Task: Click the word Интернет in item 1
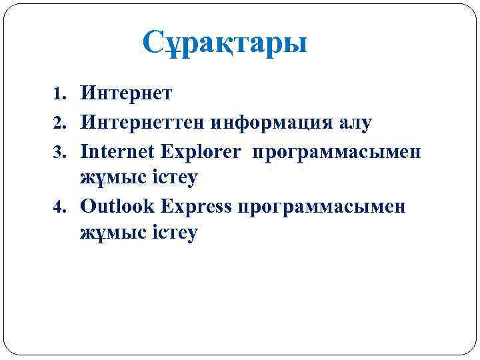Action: coord(126,93)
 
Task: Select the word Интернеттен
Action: coord(139,123)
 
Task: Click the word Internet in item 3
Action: coord(118,151)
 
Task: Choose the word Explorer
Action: coord(200,151)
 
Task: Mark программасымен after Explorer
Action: coord(336,152)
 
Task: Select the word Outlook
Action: coord(118,206)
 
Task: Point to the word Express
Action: coord(194,206)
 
